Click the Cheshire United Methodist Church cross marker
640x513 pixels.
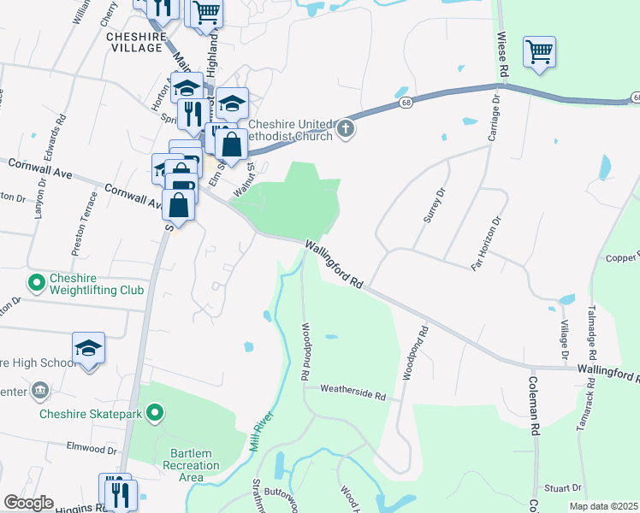346,129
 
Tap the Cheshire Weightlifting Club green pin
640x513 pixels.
36,281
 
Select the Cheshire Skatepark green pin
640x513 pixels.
154,415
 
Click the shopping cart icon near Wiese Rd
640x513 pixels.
539,52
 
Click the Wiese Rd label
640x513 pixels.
504,58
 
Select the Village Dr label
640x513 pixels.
565,340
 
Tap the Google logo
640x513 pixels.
27,503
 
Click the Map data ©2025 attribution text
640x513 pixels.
602,506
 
